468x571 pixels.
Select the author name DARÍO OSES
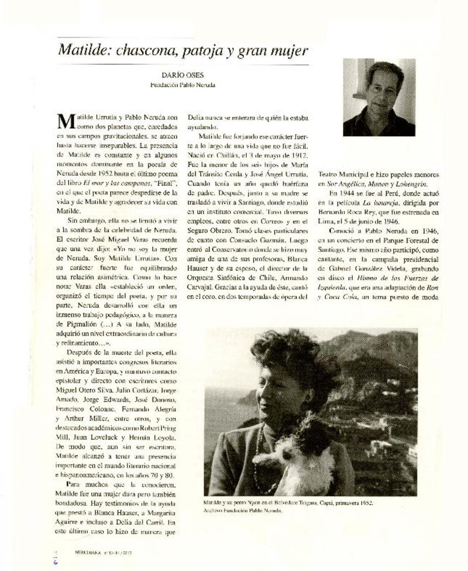pos(182,74)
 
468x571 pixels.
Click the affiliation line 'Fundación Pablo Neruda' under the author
pos(182,84)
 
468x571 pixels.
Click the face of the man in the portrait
pos(383,87)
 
